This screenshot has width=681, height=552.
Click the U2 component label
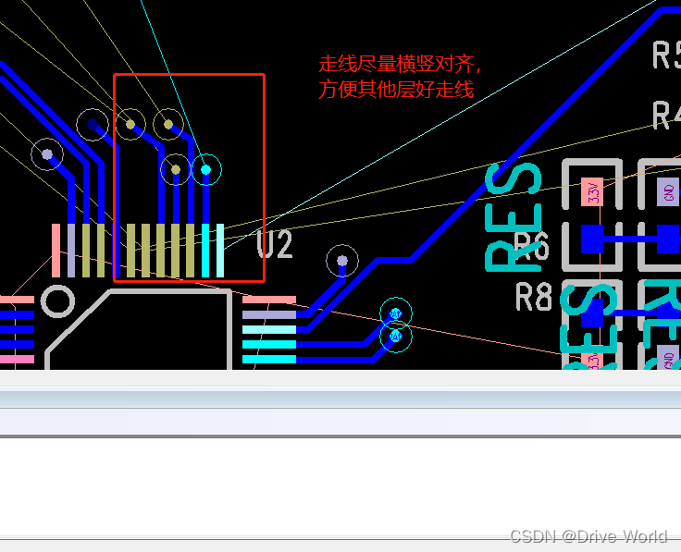click(275, 244)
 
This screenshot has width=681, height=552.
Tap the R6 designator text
click(532, 247)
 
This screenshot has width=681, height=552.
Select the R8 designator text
click(534, 298)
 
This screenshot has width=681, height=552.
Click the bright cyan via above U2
click(205, 168)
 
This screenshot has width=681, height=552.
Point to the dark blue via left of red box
click(93, 123)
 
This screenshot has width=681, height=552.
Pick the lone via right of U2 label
click(342, 261)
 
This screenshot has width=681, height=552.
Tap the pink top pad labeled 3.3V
click(592, 192)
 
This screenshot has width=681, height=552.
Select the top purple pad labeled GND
click(667, 192)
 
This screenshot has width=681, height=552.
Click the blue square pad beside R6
click(592, 239)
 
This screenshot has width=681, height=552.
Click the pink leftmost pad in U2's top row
click(56, 250)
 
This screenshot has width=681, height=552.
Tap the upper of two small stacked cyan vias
click(396, 313)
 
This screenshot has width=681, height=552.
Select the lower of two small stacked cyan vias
click(396, 337)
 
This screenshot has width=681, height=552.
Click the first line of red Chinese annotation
click(400, 65)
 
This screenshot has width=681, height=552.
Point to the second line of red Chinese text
click(396, 90)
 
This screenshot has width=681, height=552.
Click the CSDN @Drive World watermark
click(588, 536)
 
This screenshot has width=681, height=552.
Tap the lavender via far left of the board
click(47, 153)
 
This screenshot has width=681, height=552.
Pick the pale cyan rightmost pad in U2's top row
click(219, 250)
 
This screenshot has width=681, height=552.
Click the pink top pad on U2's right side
click(269, 300)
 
